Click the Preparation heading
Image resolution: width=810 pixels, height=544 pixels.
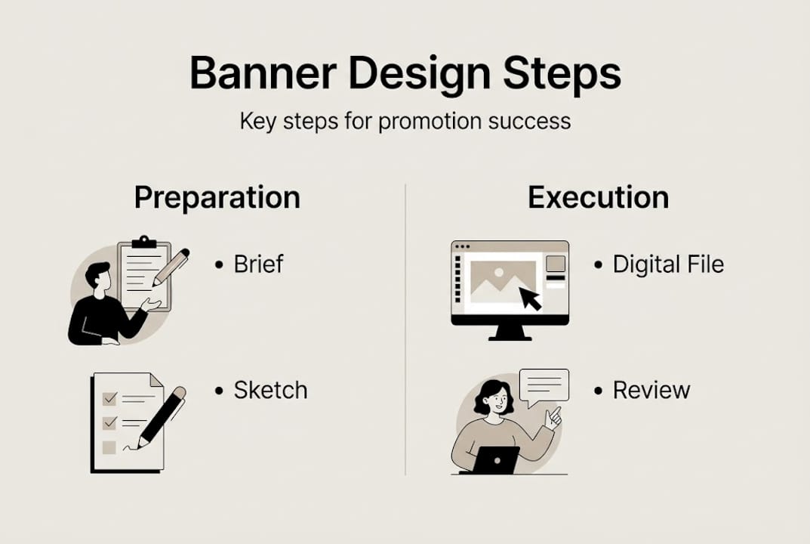click(x=217, y=197)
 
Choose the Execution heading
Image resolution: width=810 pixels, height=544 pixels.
click(x=598, y=197)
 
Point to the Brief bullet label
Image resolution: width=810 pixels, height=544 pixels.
click(x=258, y=264)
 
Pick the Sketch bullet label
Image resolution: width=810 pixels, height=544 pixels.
click(x=270, y=391)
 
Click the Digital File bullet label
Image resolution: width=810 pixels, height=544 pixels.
click(x=668, y=264)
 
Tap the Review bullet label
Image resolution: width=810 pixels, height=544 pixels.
click(x=651, y=391)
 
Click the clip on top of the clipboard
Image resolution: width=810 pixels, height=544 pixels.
click(x=143, y=242)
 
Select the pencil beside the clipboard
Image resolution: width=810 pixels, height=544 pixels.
click(x=171, y=267)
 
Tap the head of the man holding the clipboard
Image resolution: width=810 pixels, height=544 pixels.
click(x=97, y=276)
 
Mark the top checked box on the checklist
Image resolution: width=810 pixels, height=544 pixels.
click(x=109, y=398)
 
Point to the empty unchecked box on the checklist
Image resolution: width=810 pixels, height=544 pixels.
click(x=109, y=447)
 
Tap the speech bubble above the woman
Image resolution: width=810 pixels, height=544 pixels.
click(x=544, y=385)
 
